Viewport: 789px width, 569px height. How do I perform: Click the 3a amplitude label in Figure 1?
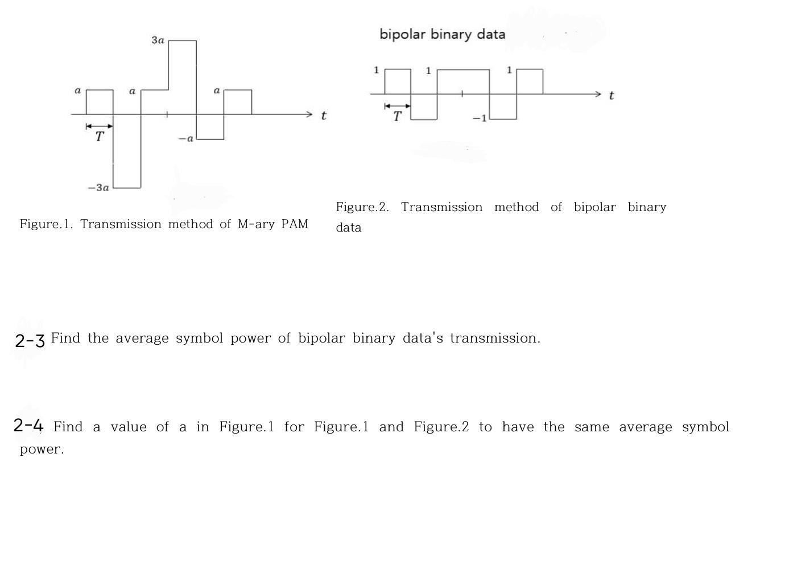(158, 40)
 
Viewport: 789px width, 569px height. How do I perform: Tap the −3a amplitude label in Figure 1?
(98, 187)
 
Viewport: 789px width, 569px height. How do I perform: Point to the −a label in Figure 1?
(186, 138)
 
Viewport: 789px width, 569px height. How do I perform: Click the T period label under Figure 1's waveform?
(100, 137)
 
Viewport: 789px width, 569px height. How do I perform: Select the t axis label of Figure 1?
(323, 116)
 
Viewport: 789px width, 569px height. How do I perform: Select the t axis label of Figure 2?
(611, 96)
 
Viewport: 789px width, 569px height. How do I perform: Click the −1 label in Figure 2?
(480, 118)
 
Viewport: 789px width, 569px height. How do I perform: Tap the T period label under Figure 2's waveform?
(397, 117)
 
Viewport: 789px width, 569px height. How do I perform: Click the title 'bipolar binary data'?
(442, 34)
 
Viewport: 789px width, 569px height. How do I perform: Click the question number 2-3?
(30, 340)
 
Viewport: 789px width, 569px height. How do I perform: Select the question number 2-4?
(28, 425)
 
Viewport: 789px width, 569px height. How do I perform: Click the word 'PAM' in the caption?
(295, 224)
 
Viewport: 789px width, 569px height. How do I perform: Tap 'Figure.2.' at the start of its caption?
(362, 207)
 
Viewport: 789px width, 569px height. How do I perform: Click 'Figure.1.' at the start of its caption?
(46, 224)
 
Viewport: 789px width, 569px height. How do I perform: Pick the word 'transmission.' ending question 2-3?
(495, 338)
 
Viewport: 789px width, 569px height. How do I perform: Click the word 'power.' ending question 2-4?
(42, 450)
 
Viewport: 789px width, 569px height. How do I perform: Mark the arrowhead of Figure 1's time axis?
(309, 114)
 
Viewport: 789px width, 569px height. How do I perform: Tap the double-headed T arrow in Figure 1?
(99, 126)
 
